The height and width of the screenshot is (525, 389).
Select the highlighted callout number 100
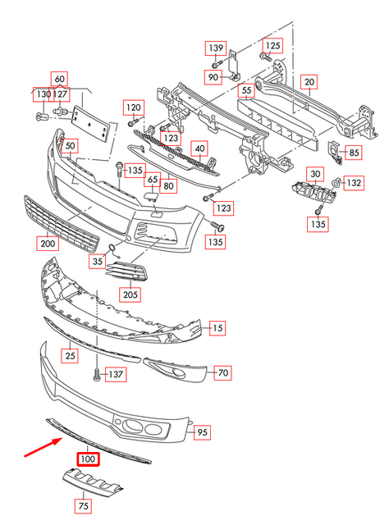click(x=86, y=459)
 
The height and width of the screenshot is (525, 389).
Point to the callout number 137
click(x=117, y=375)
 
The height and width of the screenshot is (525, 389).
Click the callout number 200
click(x=47, y=243)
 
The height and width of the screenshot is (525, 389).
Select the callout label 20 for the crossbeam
click(x=309, y=82)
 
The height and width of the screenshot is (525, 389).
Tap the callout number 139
click(x=215, y=47)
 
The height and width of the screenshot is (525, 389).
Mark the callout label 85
click(x=354, y=152)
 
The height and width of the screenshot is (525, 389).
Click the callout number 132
click(x=353, y=182)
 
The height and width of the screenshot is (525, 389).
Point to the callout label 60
click(x=58, y=80)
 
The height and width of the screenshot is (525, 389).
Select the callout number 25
click(x=70, y=355)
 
